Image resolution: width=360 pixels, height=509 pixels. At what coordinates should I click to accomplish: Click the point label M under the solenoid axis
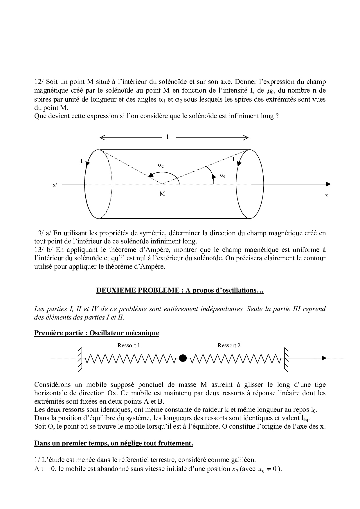[x=162, y=194]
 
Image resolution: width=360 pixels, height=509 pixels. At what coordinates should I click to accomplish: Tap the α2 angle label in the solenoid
[x=161, y=165]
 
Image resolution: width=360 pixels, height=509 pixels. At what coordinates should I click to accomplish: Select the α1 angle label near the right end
[x=223, y=175]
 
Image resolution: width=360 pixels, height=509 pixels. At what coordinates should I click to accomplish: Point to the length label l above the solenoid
[x=167, y=137]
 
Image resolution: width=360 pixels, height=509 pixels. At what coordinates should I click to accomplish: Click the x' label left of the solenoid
[x=55, y=185]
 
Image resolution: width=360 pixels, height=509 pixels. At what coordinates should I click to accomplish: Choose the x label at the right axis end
[x=326, y=196]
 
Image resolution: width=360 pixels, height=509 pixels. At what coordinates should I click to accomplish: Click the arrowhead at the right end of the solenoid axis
[x=328, y=184]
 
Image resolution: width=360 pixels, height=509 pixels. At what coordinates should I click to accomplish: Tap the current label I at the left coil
[x=82, y=160]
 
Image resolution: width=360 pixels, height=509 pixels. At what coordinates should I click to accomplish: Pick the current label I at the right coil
[x=233, y=159]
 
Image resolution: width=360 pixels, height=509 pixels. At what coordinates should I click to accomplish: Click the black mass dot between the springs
[x=183, y=358]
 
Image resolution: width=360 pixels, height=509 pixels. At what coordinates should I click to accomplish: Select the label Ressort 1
[x=129, y=345]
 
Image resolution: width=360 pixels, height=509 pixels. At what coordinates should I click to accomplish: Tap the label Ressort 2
[x=229, y=345]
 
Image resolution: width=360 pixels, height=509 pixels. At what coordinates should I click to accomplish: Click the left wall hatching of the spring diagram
[x=80, y=360]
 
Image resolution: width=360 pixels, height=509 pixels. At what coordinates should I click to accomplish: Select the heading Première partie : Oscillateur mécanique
[x=97, y=333]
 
